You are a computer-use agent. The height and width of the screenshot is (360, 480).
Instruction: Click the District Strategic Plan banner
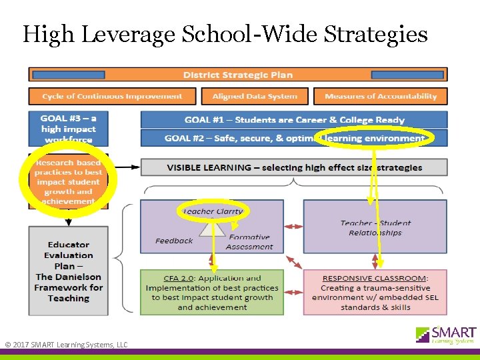[237, 75]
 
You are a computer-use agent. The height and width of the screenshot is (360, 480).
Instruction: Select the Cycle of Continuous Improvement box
[112, 97]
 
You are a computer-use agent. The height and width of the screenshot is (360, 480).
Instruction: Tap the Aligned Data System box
[255, 97]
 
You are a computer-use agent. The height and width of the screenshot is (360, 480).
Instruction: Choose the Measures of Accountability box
[380, 97]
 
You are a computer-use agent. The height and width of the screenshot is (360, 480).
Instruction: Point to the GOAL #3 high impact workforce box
[69, 129]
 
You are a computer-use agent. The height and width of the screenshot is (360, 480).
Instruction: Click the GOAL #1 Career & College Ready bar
[294, 120]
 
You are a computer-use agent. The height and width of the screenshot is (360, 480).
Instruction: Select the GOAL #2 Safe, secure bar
[294, 138]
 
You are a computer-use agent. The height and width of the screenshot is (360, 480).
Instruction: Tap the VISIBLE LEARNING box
[294, 167]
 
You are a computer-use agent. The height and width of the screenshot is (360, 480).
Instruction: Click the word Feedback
[174, 241]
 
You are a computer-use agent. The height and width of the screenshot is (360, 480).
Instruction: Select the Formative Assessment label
[249, 241]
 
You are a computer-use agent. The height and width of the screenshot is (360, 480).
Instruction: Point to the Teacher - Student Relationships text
[375, 228]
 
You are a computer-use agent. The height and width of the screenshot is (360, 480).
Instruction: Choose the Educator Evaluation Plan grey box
[69, 271]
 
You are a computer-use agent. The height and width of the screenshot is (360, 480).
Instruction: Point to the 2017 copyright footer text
[66, 345]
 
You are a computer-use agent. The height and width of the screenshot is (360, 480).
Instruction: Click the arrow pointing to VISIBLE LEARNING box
[129, 167]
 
